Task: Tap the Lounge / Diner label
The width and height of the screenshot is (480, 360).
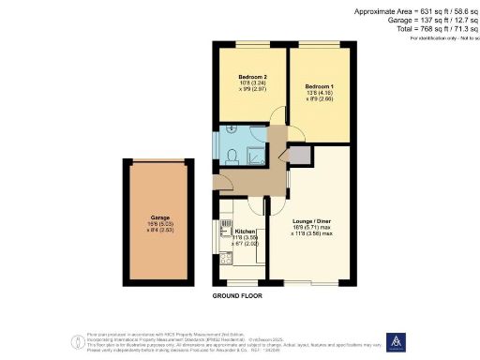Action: coord(308,221)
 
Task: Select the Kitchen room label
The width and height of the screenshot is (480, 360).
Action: coord(246,231)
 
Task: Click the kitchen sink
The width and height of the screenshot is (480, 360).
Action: coord(225,224)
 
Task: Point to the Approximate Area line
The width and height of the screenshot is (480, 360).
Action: coord(416,10)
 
